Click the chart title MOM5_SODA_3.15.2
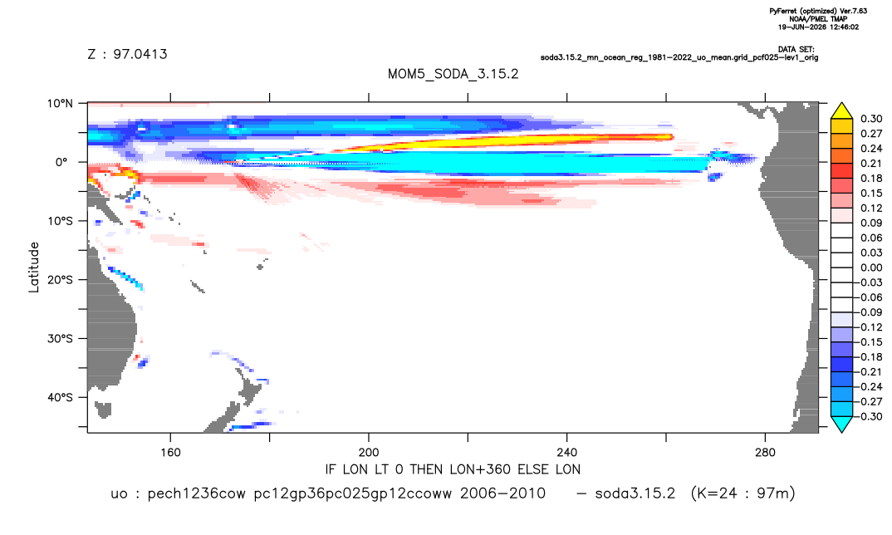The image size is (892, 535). pos(453,74)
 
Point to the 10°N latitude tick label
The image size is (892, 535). pos(60,104)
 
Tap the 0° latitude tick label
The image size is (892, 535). pos(61,162)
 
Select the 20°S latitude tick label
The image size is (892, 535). pos(60,280)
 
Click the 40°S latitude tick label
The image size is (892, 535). pos(60,397)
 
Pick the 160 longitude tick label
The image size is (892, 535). pos(170,453)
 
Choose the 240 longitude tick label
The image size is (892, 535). pos(566,453)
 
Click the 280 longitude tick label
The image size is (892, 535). pos(765,453)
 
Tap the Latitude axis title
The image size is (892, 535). pos(34,267)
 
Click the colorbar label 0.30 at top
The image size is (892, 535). pos(871,119)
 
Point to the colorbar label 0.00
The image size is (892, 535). pos(871,267)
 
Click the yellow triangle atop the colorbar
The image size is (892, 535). pos(841,111)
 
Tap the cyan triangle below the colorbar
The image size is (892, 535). pos(841,424)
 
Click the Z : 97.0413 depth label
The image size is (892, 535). pos(127,54)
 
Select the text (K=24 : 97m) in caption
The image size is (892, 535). pos(743,493)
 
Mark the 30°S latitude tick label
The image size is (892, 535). pos(60,339)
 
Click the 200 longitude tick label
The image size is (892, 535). pos(369,453)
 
